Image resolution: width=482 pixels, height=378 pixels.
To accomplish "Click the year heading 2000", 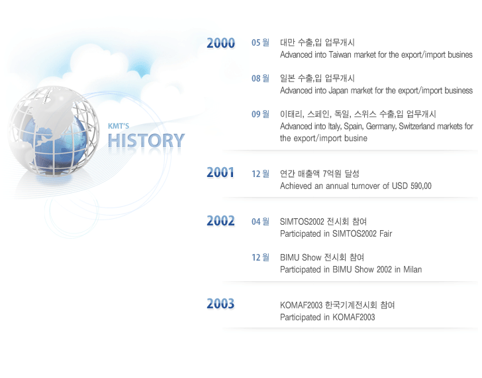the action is pos(220,43).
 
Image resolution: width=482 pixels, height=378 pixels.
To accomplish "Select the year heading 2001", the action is pos(220,172).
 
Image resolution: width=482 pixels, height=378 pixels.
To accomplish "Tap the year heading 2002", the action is pos(220,221).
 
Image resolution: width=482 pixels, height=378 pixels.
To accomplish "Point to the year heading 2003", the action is pos(220,304).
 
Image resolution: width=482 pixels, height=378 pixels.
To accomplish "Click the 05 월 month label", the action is pos(260,42).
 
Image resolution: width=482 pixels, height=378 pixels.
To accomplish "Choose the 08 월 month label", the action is pos(260,78).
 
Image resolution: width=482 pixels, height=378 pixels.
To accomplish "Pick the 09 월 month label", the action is pos(260,114).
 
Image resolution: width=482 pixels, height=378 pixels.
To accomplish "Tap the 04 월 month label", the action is pos(260,221).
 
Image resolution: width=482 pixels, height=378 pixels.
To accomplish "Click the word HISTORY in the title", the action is pos(146,141).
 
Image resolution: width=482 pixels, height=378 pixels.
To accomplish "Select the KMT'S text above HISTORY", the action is pos(119,126).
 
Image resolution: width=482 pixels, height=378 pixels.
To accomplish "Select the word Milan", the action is pos(412,270).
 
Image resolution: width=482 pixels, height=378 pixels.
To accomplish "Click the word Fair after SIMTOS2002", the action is pos(385,234).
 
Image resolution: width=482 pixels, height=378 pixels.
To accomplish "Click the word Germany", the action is pos(381,127).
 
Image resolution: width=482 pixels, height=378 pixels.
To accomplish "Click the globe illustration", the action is pos(54,131).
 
